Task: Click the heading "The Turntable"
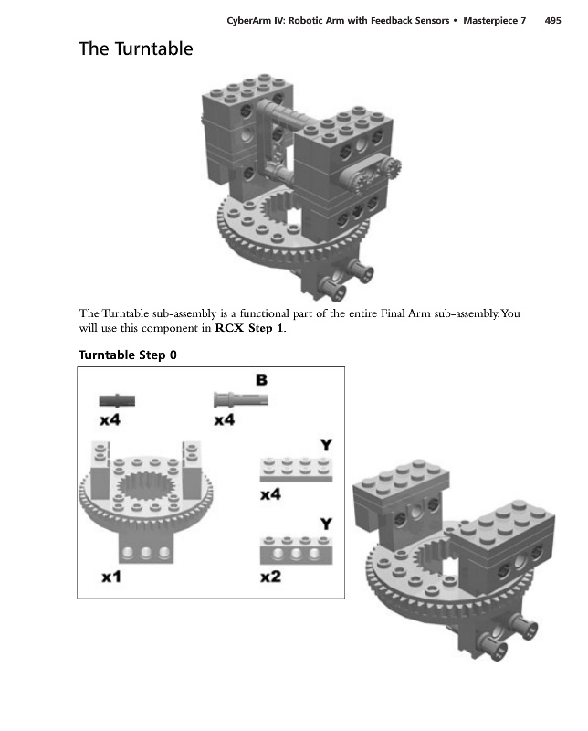click(135, 48)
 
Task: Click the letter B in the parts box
click(261, 379)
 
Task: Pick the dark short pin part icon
click(117, 399)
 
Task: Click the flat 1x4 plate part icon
click(295, 470)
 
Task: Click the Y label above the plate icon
click(324, 445)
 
